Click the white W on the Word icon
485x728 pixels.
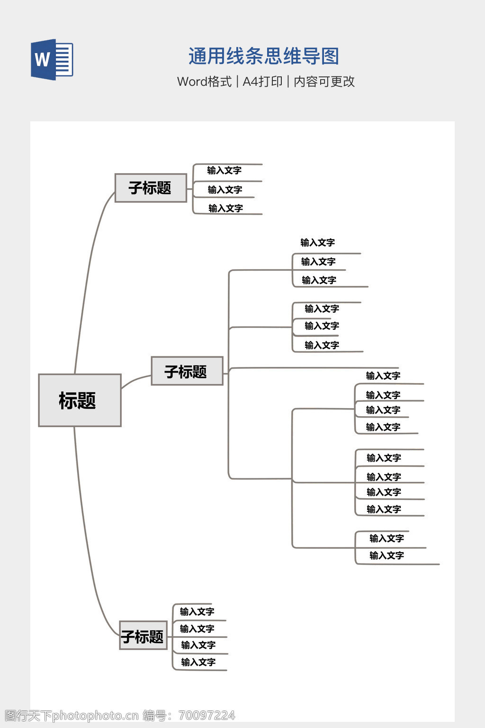pyautogui.click(x=42, y=60)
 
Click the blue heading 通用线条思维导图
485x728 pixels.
pyautogui.click(x=264, y=56)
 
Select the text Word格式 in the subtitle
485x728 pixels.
pyautogui.click(x=204, y=82)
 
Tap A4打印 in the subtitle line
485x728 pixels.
pyautogui.click(x=262, y=82)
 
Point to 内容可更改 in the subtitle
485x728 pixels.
pyautogui.click(x=324, y=82)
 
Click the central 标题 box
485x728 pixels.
pyautogui.click(x=80, y=400)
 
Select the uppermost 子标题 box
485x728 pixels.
pyautogui.click(x=151, y=188)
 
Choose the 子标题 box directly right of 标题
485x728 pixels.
pyautogui.click(x=187, y=371)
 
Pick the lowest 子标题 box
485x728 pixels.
pyautogui.click(x=143, y=636)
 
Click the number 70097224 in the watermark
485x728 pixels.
pyautogui.click(x=207, y=716)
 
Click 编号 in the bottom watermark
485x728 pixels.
pyautogui.click(x=155, y=716)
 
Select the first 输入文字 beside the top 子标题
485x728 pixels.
pyautogui.click(x=225, y=171)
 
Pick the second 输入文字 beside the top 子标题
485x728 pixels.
pyautogui.click(x=225, y=190)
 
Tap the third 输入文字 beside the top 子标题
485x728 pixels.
pyautogui.click(x=225, y=209)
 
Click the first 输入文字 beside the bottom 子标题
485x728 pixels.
pyautogui.click(x=197, y=612)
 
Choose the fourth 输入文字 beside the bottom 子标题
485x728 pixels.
pyautogui.click(x=198, y=662)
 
